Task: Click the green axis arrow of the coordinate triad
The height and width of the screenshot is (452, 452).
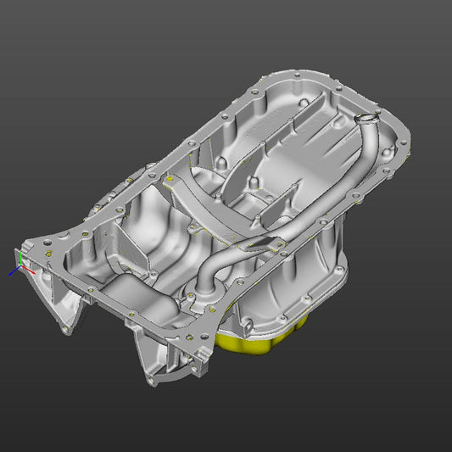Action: click(19, 254)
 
